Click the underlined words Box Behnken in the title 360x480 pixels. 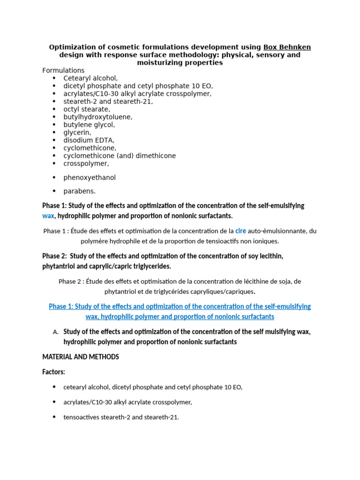coord(287,47)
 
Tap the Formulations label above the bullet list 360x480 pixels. coord(63,70)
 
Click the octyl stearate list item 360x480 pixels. coord(87,109)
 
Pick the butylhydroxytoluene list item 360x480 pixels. coord(98,117)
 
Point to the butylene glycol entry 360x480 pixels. coord(89,125)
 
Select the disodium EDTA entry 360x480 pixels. coord(89,140)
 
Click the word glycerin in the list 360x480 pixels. coord(77,133)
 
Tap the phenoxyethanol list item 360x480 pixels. coord(90,178)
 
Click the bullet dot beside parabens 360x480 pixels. coord(54,191)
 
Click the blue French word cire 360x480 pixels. coord(240,231)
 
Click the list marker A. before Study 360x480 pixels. coord(55,332)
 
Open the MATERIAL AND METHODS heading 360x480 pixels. coord(81,357)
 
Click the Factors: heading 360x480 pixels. coord(53,372)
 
